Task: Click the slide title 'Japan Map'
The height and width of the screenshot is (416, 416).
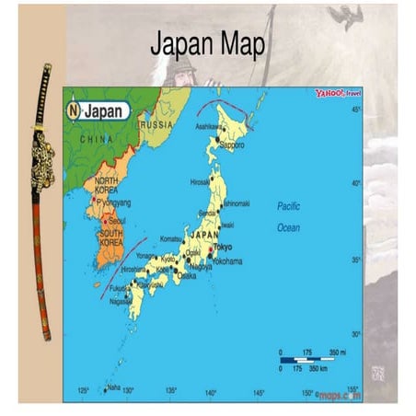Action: [x=207, y=43]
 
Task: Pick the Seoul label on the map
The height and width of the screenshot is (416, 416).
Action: [x=117, y=222]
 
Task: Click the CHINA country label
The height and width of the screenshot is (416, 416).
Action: [x=97, y=139]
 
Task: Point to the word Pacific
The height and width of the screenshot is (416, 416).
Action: [x=289, y=206]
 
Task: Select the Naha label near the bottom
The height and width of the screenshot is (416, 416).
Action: [x=114, y=387]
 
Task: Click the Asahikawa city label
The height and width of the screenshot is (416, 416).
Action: [x=207, y=127]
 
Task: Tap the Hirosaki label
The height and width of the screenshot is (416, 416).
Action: [x=201, y=182]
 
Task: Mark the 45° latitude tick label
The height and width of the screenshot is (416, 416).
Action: [x=355, y=110]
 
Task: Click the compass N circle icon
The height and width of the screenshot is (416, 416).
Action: [x=74, y=110]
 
